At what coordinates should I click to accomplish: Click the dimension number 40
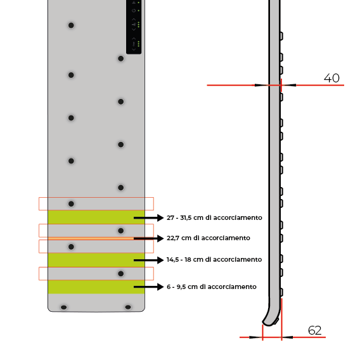(331, 78)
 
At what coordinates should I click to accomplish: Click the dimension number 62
(314, 331)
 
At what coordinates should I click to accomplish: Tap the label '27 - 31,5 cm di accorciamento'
(214, 217)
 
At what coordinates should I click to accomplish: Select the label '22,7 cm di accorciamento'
(209, 238)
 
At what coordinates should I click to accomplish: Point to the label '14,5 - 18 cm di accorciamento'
(214, 259)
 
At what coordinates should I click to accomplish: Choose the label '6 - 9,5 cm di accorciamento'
(212, 286)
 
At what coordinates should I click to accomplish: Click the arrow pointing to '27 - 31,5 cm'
(148, 217)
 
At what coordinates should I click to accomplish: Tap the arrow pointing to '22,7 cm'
(148, 238)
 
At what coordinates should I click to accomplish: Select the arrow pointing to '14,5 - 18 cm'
(148, 260)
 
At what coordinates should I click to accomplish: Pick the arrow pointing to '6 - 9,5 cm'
(148, 286)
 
